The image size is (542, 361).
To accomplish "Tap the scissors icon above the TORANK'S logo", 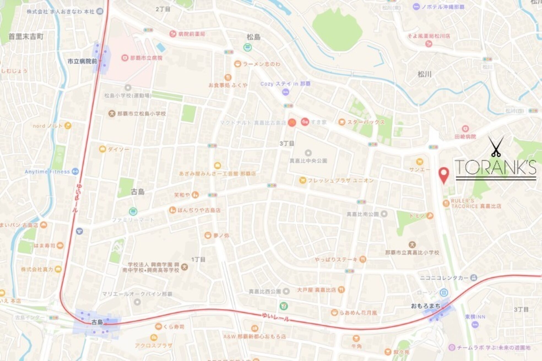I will coord(496,146).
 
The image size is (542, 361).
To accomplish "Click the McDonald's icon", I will coord(292,122).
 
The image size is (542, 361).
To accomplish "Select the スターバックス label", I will coord(366,122).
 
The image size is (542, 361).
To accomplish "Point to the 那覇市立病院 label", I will coord(146,58).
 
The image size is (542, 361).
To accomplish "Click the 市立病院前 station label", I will coord(82,61).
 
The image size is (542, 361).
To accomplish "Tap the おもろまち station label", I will coord(425,306).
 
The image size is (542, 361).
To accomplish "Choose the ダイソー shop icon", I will coord(102,149).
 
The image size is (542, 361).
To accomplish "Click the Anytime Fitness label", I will coord(47,172).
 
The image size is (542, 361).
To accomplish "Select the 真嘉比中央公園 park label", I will coord(308,161).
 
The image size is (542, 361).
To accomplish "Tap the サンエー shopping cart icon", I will coord(419,162).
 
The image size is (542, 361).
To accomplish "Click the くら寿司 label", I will coord(174,327).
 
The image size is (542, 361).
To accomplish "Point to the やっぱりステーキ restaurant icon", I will coord(363,259).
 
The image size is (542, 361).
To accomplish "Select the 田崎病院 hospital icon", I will coord(465,128).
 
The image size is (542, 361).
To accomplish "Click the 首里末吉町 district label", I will coord(26,36).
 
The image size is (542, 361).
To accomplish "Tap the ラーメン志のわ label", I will coord(261,64).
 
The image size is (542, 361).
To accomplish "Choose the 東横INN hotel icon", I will coord(475,324).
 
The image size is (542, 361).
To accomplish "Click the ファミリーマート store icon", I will coord(133,211).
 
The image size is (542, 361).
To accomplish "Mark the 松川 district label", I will coord(424,74).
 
